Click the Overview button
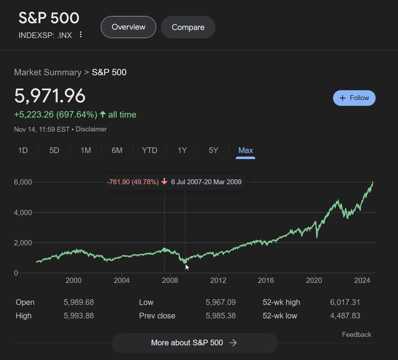128,27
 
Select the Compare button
188,27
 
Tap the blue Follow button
354,98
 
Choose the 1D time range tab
23,150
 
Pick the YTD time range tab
149,150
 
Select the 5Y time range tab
214,150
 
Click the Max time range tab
245,150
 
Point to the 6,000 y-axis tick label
23,182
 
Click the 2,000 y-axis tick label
23,243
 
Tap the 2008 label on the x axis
169,281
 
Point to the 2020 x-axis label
314,281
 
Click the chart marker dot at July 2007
165,250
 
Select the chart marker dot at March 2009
185,261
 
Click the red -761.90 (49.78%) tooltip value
133,182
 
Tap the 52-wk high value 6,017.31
344,302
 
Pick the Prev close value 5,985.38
220,315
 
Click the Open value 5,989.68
78,302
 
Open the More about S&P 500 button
194,342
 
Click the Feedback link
356,335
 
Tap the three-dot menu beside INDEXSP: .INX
80,35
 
